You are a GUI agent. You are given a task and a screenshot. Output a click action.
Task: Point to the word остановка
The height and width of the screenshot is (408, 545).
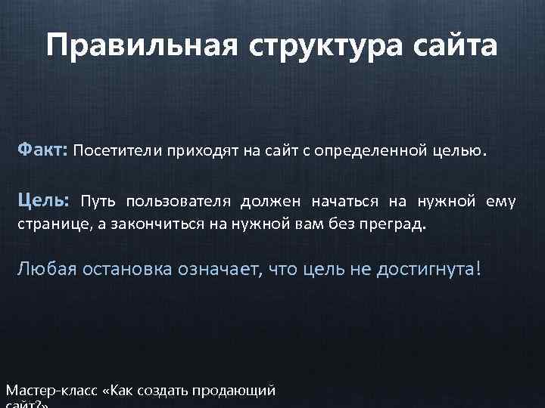tap(128, 269)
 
